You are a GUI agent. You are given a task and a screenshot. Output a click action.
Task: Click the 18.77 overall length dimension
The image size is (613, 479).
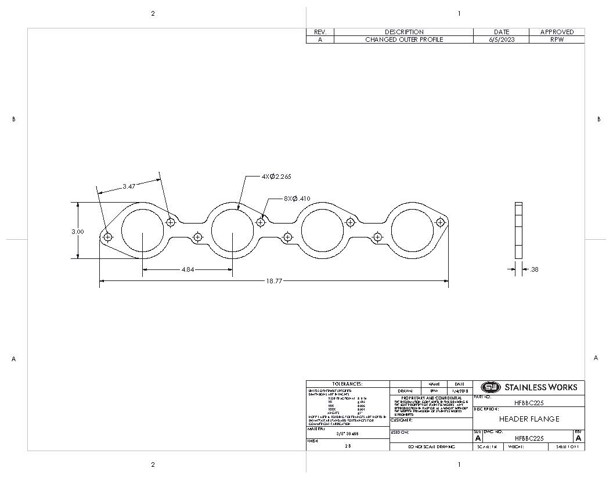[274, 281]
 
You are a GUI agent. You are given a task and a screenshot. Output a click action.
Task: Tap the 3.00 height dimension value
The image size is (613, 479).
[77, 232]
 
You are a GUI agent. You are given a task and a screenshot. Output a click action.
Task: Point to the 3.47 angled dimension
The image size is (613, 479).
[129, 186]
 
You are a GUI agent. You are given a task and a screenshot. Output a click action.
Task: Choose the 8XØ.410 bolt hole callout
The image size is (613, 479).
[297, 199]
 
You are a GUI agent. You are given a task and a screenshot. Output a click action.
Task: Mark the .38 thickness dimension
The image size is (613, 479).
[534, 269]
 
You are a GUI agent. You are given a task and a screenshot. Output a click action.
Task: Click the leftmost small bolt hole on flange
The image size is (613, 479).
[108, 237]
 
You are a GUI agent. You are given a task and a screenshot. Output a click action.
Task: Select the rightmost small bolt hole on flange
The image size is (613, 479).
[440, 222]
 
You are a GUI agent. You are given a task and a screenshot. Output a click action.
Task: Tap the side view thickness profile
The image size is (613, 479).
[518, 231]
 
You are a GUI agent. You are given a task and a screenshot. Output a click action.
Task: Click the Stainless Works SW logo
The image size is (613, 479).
[491, 387]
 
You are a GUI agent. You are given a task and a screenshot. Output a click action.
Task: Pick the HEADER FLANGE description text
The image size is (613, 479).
[529, 419]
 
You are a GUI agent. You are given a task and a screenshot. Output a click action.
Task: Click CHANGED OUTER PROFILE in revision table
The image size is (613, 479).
[404, 39]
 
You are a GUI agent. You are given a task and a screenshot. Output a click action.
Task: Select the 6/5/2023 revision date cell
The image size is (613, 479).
[502, 39]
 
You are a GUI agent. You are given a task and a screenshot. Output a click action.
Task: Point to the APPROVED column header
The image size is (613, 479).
[557, 32]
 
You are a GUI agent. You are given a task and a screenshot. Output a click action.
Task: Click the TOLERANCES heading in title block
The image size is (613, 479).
[347, 384]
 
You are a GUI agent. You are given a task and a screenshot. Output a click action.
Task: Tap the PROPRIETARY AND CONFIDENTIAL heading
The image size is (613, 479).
[431, 398]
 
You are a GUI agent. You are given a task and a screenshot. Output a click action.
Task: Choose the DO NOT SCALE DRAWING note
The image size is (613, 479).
[431, 447]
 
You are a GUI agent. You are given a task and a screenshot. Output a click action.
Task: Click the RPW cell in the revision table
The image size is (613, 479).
[557, 39]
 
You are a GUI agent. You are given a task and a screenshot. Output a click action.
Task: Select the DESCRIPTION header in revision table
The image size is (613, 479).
[404, 32]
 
